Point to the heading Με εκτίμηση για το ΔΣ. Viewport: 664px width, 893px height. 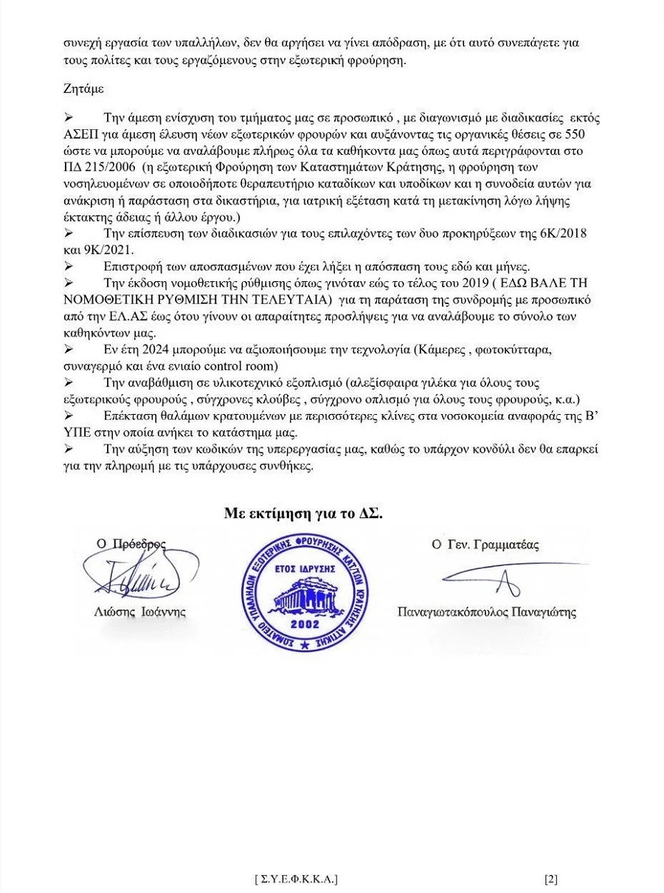[303, 514]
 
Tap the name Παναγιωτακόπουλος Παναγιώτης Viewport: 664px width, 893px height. [487, 612]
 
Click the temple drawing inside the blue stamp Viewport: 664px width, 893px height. [305, 596]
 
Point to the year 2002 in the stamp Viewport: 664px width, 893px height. [305, 624]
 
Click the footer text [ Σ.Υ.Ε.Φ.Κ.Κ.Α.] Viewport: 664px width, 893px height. [296, 879]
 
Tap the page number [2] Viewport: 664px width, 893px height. [550, 879]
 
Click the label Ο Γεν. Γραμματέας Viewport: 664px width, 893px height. [485, 545]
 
